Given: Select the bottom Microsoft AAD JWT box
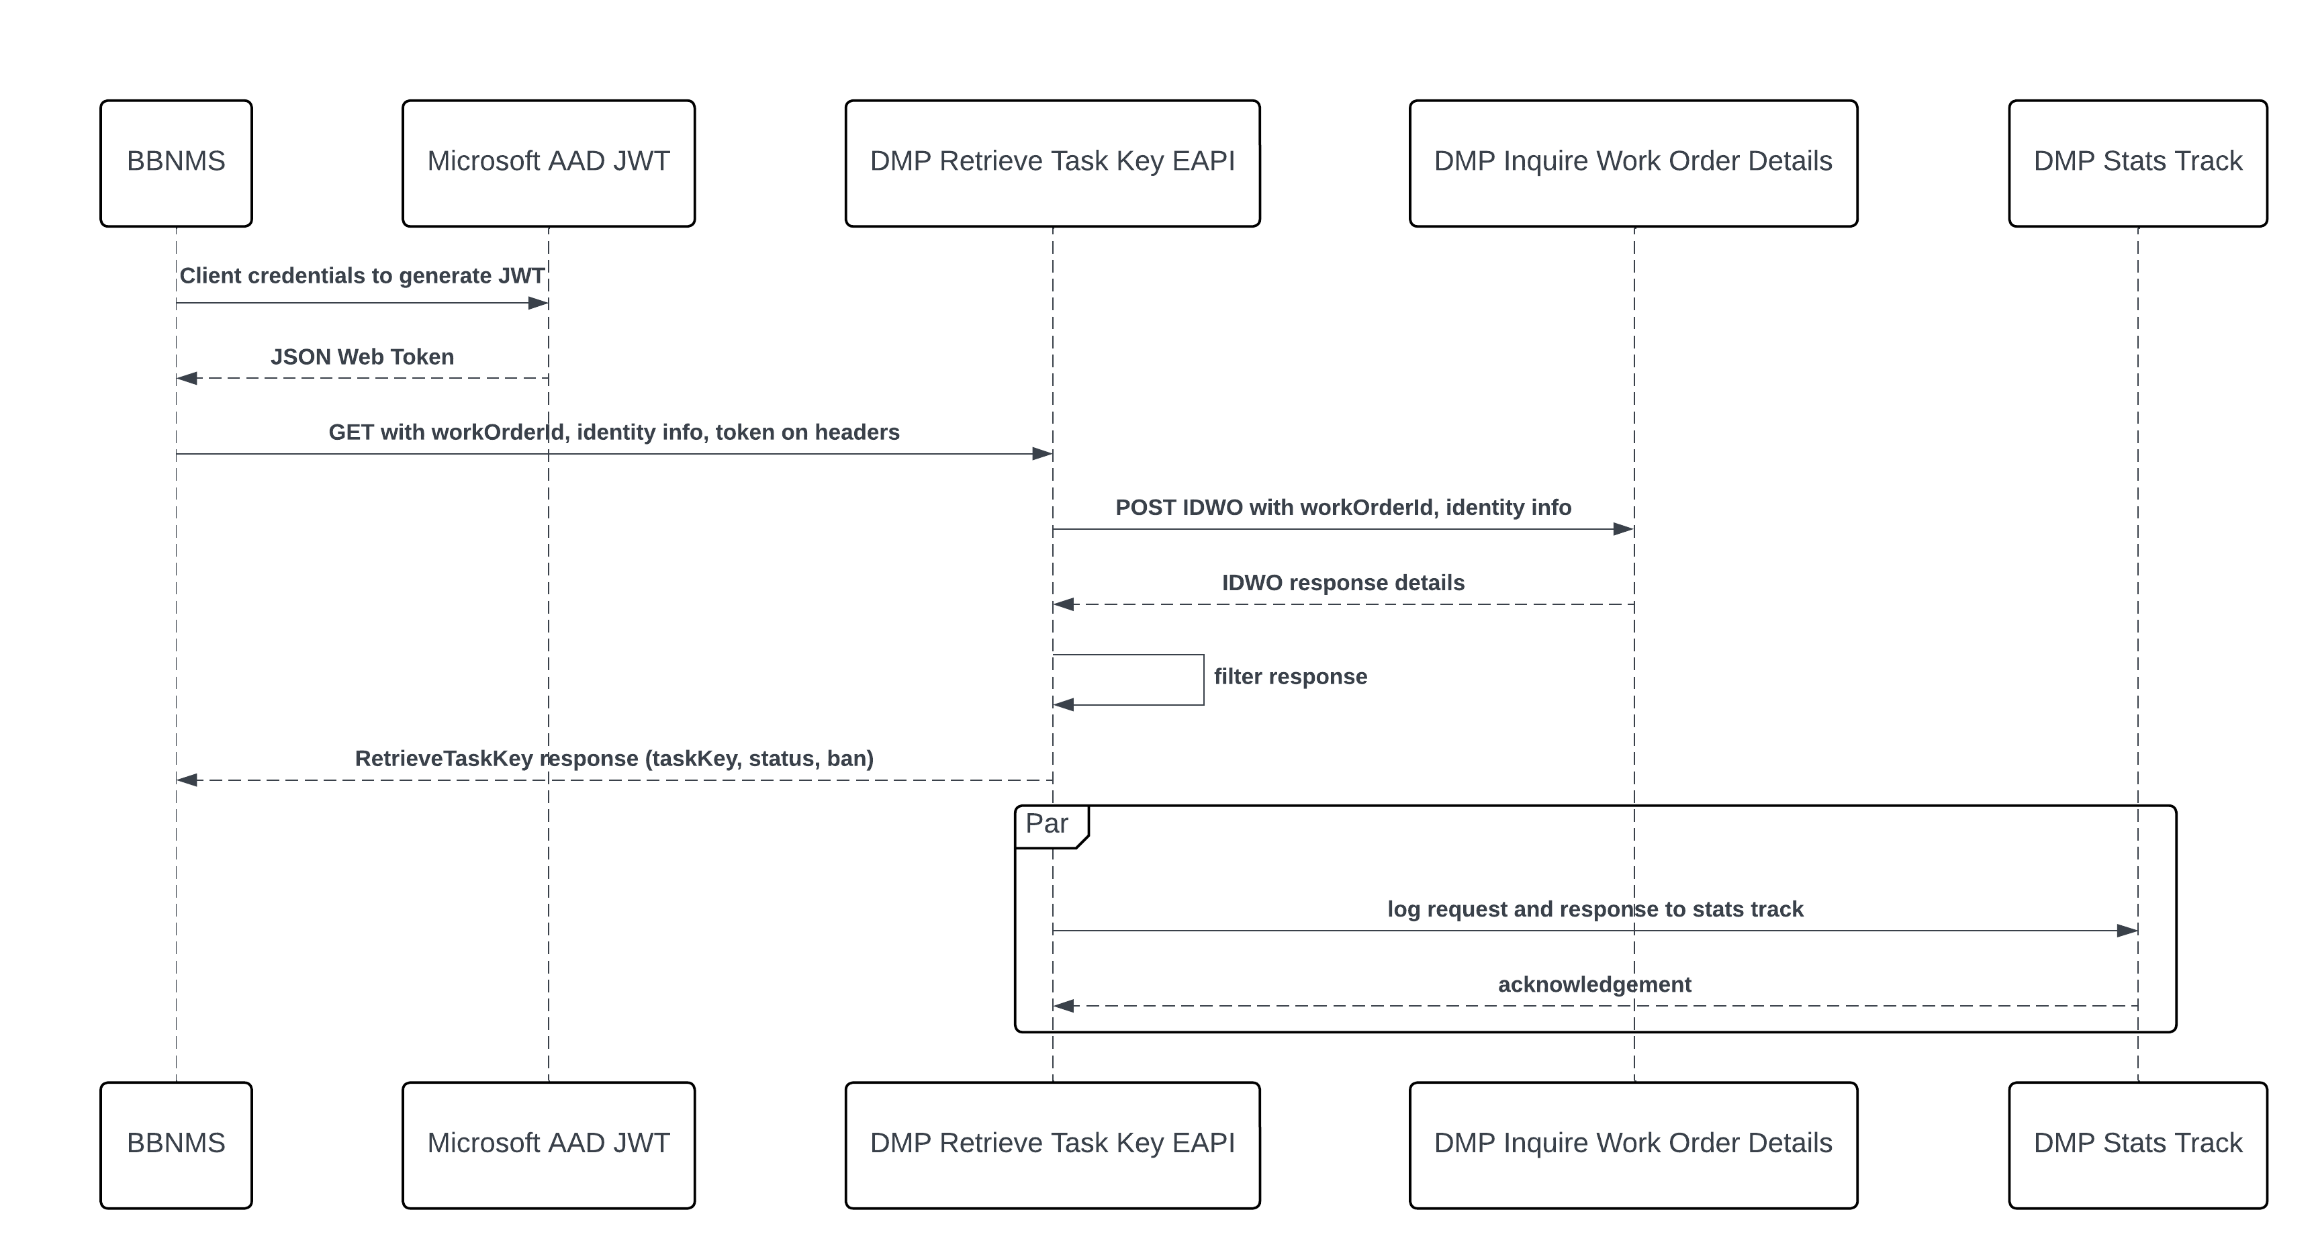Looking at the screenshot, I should (x=548, y=1145).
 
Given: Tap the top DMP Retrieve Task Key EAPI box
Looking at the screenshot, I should (x=1052, y=163).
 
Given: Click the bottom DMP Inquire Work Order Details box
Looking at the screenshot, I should (x=1632, y=1145).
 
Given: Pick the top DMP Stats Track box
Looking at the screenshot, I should (x=2137, y=163).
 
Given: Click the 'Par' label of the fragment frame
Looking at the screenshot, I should (x=1046, y=823).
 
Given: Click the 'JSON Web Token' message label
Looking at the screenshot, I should (x=362, y=357).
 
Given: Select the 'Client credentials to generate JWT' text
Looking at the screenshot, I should (x=362, y=276).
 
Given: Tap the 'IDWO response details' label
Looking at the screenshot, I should (x=1342, y=583).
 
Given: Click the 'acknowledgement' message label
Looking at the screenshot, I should (x=1593, y=984).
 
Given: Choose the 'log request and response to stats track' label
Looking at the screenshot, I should (x=1595, y=910).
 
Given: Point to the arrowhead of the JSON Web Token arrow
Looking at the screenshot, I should (x=186, y=379).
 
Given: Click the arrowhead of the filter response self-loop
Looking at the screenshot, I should (x=1064, y=704).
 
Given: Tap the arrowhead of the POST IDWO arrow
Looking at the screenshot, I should (x=1623, y=529).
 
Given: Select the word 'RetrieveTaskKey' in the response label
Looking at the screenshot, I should (x=444, y=759).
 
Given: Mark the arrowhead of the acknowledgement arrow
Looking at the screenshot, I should (x=1064, y=1006).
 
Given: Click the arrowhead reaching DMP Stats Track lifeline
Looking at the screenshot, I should (x=2127, y=931).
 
